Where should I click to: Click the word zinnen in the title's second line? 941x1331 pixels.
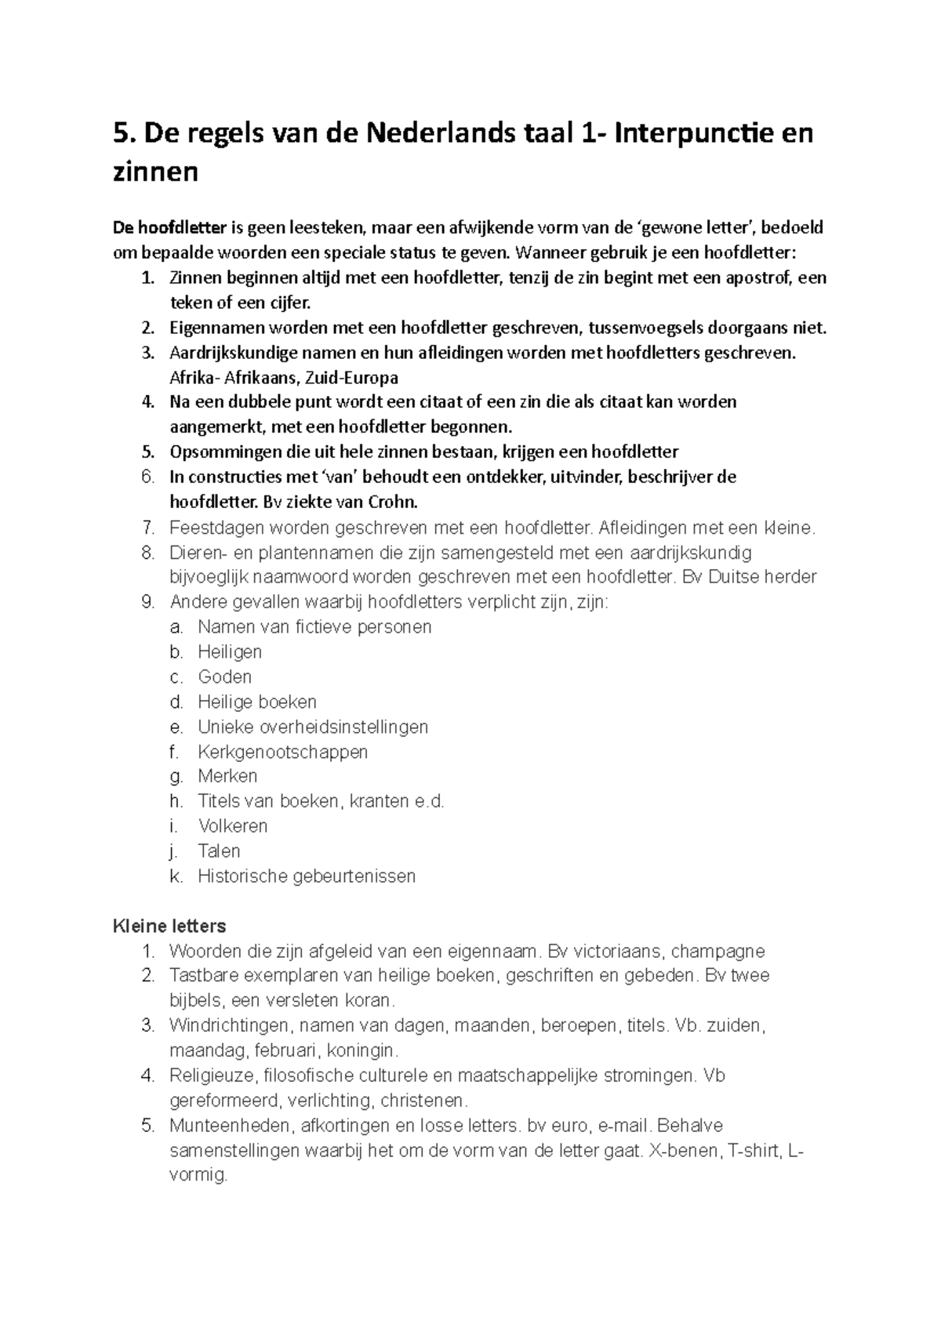155,171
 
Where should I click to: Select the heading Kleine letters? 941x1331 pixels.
169,927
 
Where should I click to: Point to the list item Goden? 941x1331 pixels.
224,676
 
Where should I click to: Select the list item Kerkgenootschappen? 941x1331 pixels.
282,752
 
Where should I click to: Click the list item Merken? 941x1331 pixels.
227,776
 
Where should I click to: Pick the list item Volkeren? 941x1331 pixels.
232,826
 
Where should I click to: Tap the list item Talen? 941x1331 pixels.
219,851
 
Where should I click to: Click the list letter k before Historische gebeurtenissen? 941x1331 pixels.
176,876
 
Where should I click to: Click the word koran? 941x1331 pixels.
369,1001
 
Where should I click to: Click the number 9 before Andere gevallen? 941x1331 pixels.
147,602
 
